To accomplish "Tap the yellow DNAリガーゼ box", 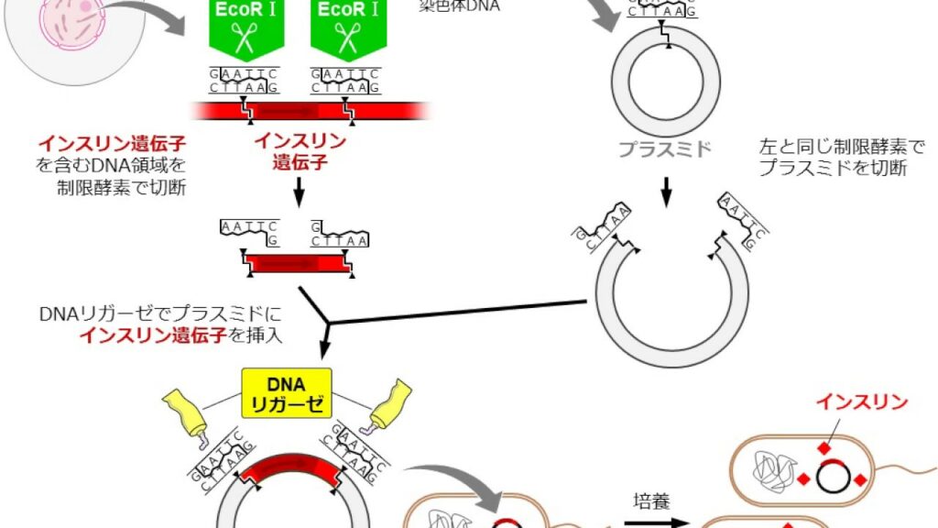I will (286, 393).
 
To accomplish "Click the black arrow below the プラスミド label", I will (667, 188).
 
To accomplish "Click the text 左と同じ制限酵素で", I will (843, 146).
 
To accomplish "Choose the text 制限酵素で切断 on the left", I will (122, 188).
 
